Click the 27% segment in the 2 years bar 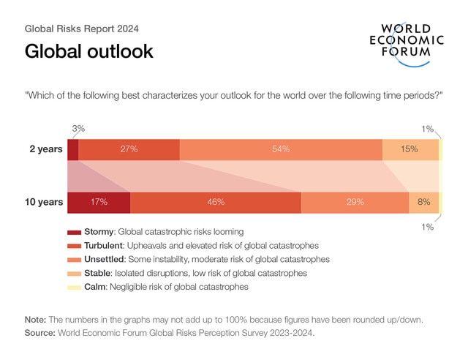tap(128, 149)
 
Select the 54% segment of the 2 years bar tap(281, 149)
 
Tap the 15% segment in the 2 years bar tap(410, 149)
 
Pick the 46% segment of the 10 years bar tap(215, 202)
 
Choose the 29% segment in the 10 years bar tap(355, 202)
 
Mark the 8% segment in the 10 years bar tap(423, 202)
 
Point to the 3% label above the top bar tap(78, 129)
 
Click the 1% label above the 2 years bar tap(428, 129)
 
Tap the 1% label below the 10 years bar tap(428, 227)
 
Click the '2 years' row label tap(45, 149)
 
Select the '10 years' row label tap(44, 202)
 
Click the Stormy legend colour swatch tap(73, 232)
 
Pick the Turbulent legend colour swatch tap(73, 246)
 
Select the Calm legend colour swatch tap(73, 287)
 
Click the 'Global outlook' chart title tap(88, 52)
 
